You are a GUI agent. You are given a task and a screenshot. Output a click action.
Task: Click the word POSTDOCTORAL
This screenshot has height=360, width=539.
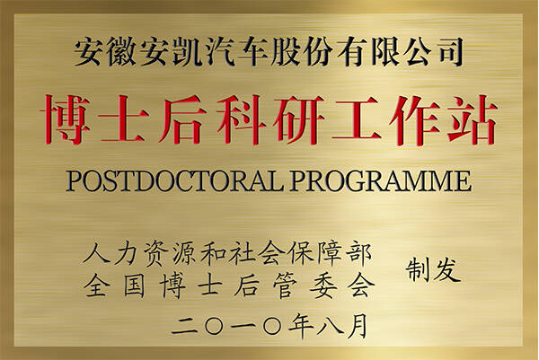coord(174,180)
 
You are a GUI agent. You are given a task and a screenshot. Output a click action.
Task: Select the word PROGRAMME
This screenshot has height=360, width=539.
coord(381,180)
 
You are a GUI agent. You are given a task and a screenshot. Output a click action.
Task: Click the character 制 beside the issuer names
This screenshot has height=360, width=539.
coord(418,270)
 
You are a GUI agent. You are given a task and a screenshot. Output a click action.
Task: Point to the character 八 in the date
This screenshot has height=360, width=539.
coord(330,326)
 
